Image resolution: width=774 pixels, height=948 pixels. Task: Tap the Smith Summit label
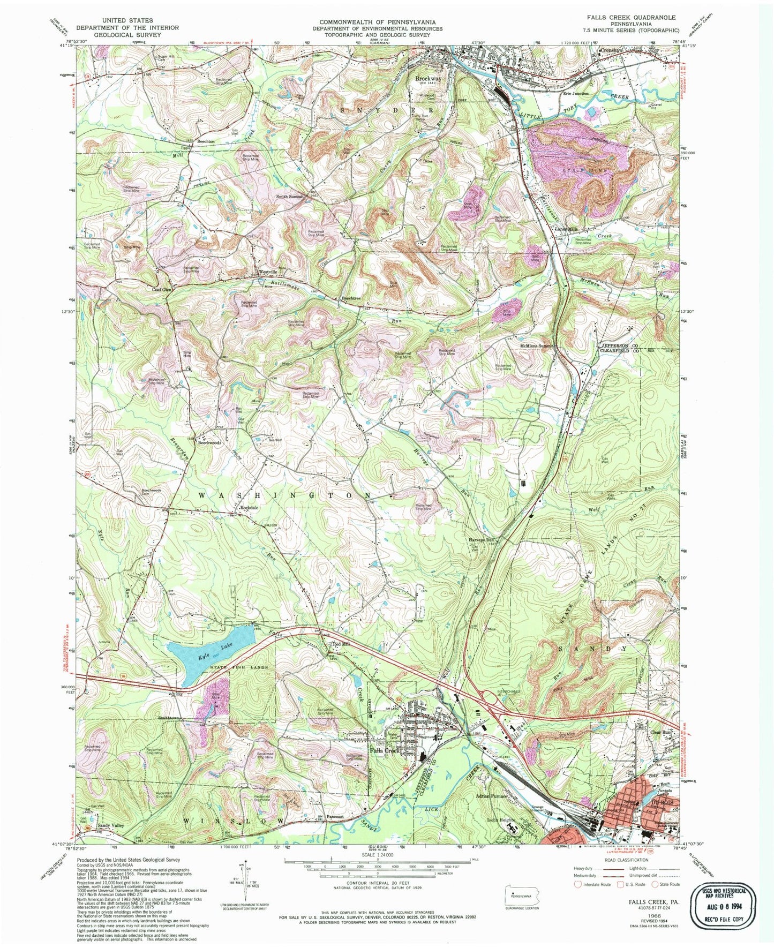290,197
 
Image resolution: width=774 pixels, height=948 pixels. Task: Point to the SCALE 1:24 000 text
377,855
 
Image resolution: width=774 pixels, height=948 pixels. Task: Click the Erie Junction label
576,93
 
